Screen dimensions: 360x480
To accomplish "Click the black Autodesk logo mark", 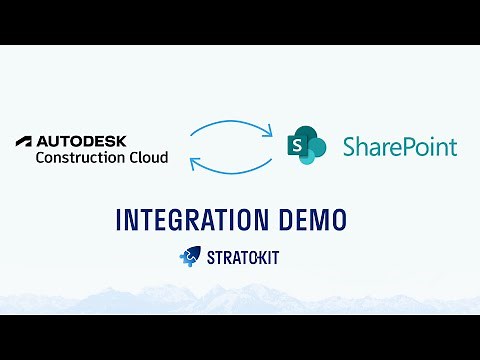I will point(26,141).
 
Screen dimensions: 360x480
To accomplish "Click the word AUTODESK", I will point(82,141).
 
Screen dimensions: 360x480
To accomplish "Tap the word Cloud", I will point(146,157).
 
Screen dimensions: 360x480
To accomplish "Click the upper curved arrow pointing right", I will point(229,128).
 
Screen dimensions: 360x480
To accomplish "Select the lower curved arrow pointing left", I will point(229,166).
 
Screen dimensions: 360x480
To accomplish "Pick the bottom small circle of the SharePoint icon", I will point(312,158).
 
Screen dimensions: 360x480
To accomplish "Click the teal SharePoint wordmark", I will point(399,148).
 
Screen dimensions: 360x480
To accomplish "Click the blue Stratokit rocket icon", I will point(188,258).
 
